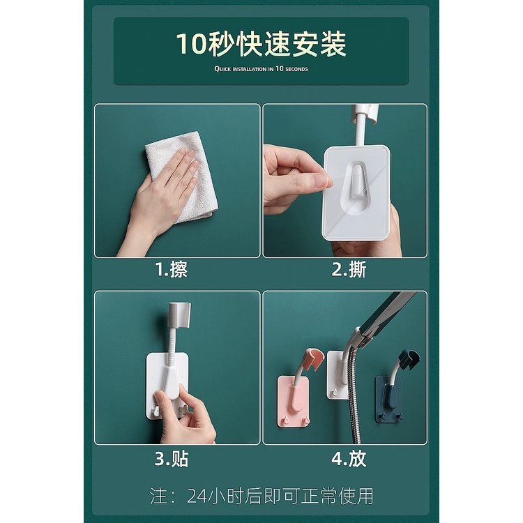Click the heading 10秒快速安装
(261, 44)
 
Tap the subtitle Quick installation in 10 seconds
(261, 69)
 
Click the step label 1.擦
(172, 269)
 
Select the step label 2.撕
(349, 269)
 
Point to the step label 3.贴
(172, 459)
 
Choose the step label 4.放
(349, 459)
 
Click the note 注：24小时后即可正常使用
(261, 496)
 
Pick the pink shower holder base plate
(294, 401)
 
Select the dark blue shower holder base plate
(389, 399)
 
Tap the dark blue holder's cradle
(409, 359)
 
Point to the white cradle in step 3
(179, 315)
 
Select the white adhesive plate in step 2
(356, 192)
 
